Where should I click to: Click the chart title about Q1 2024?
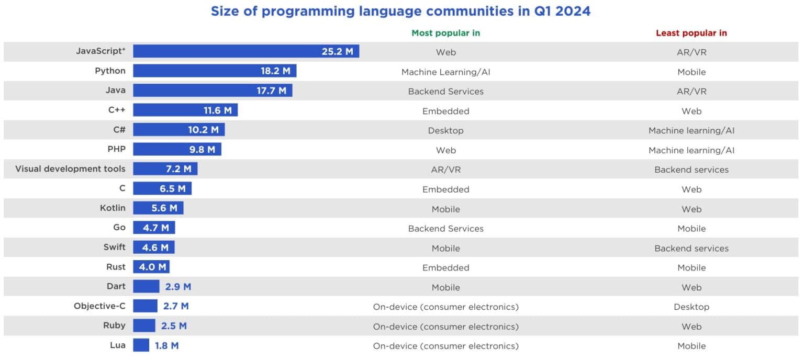click(x=400, y=11)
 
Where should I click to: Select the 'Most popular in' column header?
click(x=445, y=33)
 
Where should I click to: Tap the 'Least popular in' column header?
click(x=691, y=33)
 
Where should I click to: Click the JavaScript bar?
click(x=245, y=51)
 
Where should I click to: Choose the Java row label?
click(x=115, y=91)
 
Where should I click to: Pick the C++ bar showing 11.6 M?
click(x=185, y=110)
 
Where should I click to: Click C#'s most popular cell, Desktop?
click(x=445, y=130)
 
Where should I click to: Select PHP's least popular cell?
click(x=691, y=150)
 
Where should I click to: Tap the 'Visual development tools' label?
click(x=70, y=169)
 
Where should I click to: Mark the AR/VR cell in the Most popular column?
click(x=445, y=170)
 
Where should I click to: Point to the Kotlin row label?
click(x=113, y=208)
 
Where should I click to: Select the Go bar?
click(x=154, y=228)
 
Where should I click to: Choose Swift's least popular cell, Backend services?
click(x=691, y=248)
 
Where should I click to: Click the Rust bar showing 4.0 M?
click(x=151, y=267)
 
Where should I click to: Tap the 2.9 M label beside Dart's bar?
click(x=178, y=287)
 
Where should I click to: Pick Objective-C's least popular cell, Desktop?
click(x=691, y=307)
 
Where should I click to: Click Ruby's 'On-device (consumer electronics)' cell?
click(x=445, y=327)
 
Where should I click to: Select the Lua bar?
click(x=141, y=345)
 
